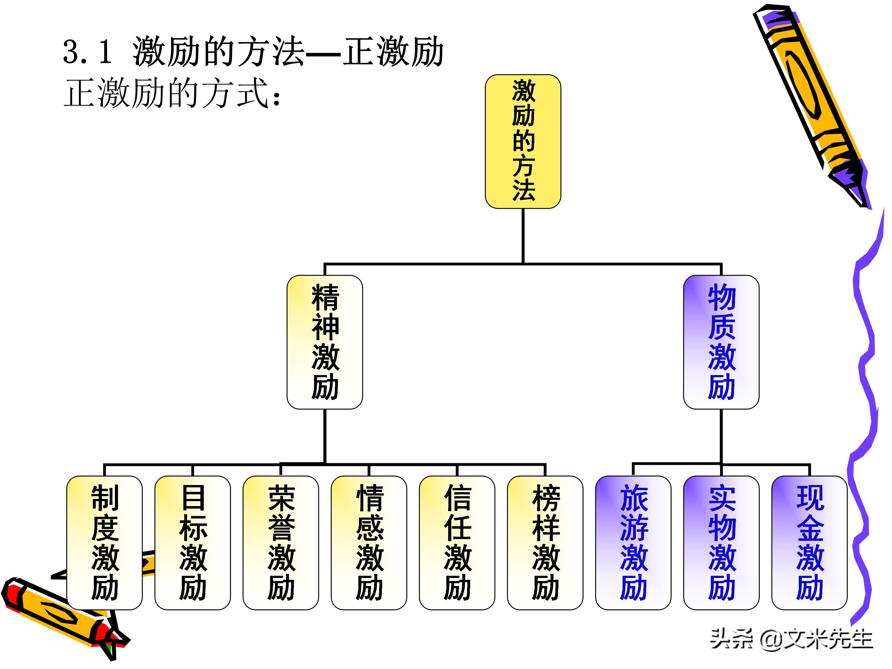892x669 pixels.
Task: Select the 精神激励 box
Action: click(x=325, y=342)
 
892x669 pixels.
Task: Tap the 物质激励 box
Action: click(x=721, y=342)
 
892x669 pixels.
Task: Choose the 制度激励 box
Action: click(x=104, y=543)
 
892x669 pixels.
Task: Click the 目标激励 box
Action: click(x=192, y=543)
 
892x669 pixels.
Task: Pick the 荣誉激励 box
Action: click(x=281, y=543)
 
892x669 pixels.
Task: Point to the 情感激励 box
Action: click(x=369, y=543)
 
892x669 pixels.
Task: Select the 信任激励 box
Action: click(x=457, y=543)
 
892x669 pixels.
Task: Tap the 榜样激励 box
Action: click(x=545, y=543)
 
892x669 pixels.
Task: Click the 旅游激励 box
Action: click(x=633, y=543)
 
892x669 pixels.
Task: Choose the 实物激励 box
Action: click(x=721, y=543)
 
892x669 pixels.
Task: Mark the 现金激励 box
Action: click(x=809, y=543)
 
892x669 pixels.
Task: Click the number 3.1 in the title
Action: click(x=87, y=52)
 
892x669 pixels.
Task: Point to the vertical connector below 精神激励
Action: click(x=325, y=435)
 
